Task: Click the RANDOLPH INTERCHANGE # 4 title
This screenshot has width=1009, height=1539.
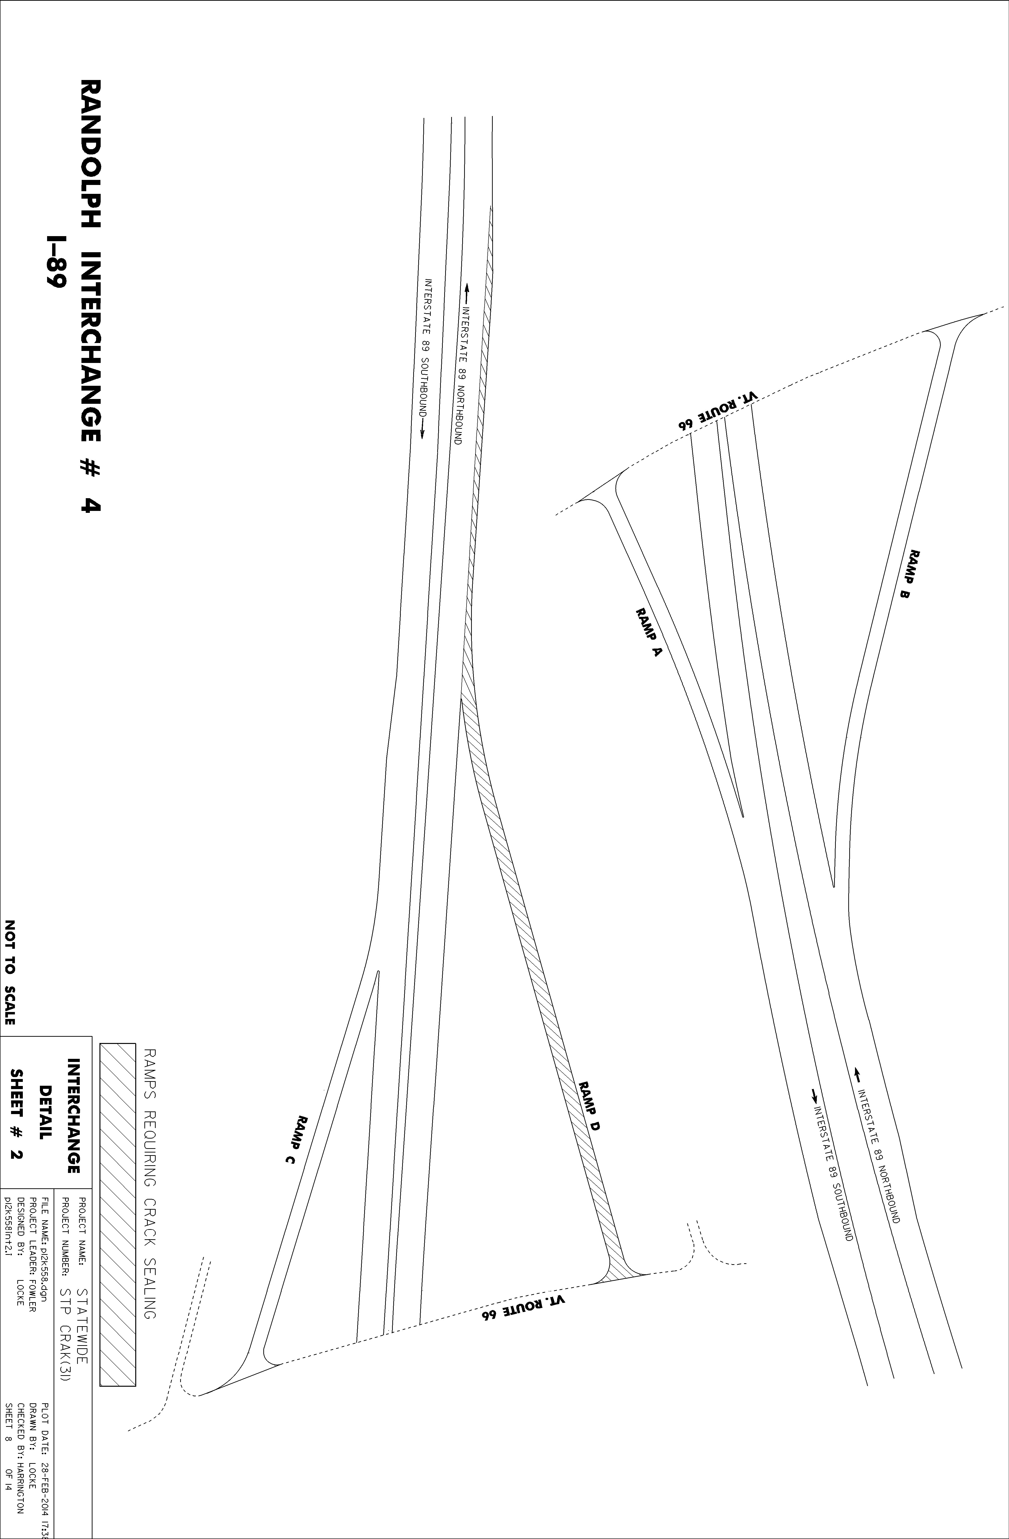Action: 91,296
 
